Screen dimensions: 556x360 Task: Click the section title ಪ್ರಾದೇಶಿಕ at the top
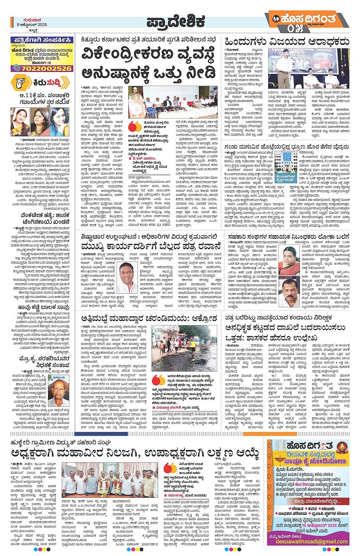point(176,22)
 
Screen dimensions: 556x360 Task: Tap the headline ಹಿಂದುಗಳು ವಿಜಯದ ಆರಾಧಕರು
point(286,41)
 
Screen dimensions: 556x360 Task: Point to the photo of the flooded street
point(183,348)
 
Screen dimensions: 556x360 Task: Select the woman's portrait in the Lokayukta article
point(291,259)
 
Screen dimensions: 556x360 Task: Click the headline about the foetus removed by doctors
point(286,146)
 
